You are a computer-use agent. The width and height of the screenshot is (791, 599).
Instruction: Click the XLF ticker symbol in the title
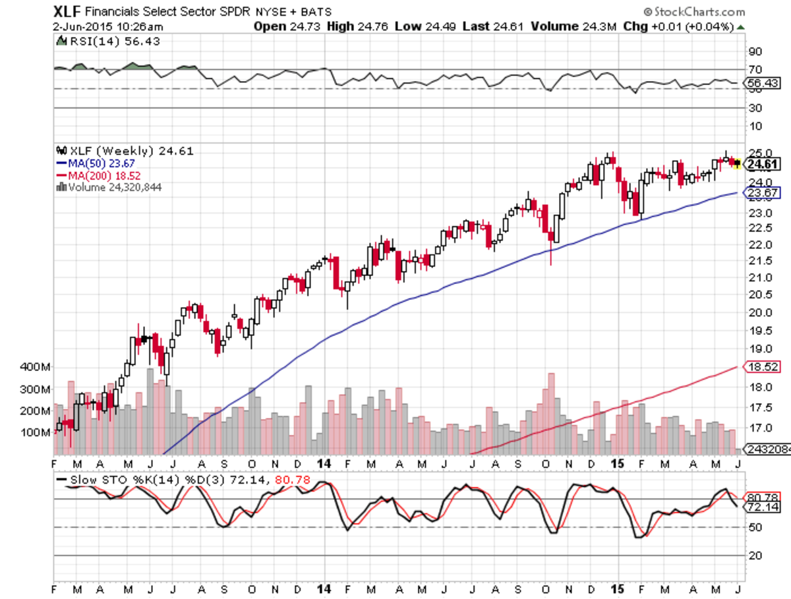68,11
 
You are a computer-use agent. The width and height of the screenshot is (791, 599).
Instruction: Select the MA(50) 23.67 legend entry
99,163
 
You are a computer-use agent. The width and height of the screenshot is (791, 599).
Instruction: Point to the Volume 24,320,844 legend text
110,187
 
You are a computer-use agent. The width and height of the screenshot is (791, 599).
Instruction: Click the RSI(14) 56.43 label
109,41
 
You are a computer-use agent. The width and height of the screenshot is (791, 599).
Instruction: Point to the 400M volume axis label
36,367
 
